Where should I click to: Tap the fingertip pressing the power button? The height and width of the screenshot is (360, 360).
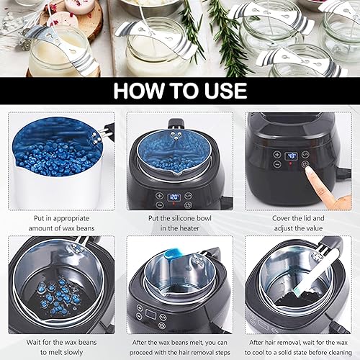[308, 170]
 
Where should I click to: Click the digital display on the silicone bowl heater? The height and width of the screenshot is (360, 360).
[174, 197]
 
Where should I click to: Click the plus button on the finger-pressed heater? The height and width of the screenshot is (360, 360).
[276, 154]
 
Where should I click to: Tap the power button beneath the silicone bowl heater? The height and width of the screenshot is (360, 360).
[188, 205]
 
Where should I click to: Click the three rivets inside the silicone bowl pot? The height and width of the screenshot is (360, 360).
[176, 135]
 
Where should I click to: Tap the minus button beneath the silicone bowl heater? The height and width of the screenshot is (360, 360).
[160, 204]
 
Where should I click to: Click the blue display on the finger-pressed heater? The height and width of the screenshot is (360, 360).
[291, 156]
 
